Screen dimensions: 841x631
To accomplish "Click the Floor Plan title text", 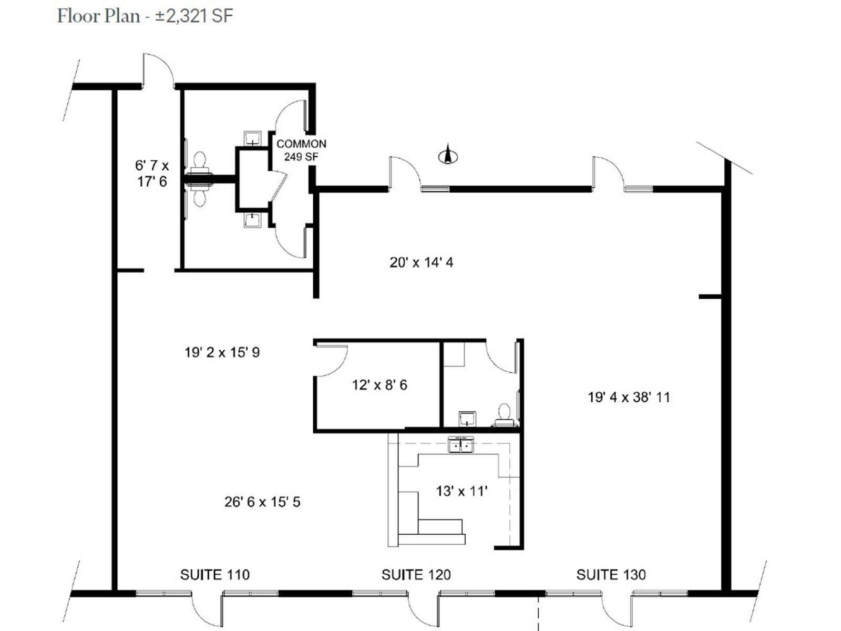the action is click(145, 16).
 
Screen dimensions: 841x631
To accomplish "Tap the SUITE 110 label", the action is click(215, 575).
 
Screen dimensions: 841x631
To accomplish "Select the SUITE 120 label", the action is click(416, 575).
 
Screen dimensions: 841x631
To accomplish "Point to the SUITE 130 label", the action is click(611, 575).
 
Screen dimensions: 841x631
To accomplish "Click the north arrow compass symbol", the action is click(448, 155).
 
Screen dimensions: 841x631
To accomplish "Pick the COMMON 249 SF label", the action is click(301, 150).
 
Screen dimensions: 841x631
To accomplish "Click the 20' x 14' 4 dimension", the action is click(422, 262).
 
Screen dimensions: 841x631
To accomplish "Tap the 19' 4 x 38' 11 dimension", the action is click(629, 398).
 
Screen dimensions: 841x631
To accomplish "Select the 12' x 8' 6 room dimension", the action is click(380, 385).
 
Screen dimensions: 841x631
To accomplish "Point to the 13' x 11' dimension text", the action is click(461, 491).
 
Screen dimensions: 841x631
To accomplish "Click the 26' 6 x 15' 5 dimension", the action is click(262, 502).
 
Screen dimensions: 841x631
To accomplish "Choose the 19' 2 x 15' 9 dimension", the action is click(222, 352).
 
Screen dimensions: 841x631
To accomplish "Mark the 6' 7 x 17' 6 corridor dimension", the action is click(152, 173).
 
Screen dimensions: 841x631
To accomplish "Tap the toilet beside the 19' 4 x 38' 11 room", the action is click(504, 415).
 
